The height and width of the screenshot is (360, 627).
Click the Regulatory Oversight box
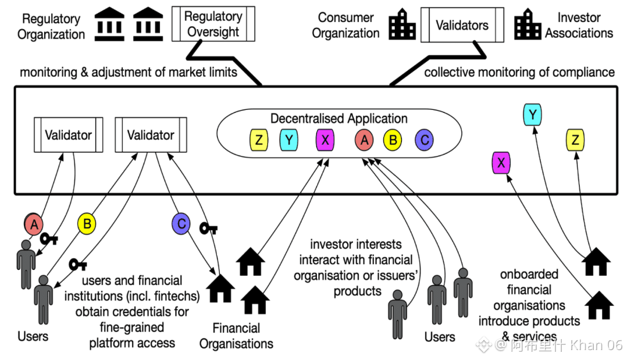(213, 24)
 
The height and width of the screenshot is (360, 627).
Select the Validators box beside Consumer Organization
(462, 25)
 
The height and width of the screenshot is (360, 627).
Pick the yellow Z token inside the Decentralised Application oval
(258, 140)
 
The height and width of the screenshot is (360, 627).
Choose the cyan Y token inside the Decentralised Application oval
(289, 140)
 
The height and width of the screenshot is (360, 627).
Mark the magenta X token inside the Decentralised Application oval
(325, 140)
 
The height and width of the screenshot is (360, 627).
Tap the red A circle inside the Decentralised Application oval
(365, 140)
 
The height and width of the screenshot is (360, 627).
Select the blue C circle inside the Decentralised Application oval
(424, 140)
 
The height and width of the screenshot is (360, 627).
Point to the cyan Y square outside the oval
(532, 114)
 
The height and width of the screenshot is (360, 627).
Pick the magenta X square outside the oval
(501, 163)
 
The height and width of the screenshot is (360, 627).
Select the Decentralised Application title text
(339, 119)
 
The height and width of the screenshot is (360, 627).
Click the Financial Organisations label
(236, 336)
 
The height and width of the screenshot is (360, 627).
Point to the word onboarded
(529, 274)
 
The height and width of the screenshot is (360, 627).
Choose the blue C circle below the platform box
(181, 223)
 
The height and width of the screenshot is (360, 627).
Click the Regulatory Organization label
(51, 26)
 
